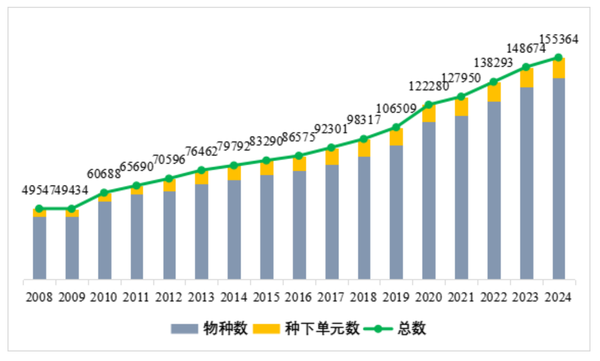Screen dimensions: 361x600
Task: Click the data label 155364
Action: [559, 39]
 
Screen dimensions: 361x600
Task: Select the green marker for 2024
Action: [559, 57]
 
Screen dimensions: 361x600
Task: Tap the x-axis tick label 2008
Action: [39, 297]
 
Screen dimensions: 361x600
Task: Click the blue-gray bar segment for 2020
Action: [429, 201]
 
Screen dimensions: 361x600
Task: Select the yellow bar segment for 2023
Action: [527, 78]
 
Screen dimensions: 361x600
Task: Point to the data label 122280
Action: [428, 87]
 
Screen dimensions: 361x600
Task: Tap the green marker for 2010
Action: [105, 192]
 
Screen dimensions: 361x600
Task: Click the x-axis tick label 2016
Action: [299, 297]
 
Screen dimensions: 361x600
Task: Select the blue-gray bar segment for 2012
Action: [169, 235]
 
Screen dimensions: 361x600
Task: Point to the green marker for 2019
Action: [396, 127]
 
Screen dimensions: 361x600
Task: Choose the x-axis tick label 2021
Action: [461, 297]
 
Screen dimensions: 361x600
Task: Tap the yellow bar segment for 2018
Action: [364, 148]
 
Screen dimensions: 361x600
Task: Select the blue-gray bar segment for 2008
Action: [39, 247]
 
